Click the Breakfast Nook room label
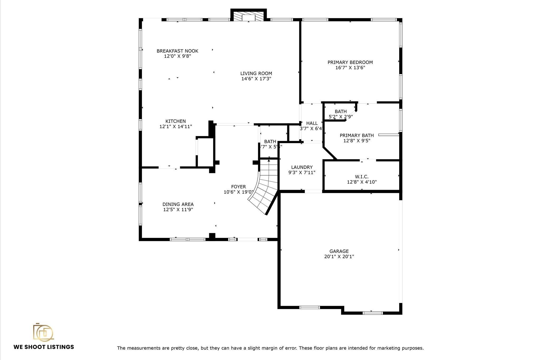point(177,51)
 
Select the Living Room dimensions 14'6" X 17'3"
point(256,79)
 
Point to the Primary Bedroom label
point(350,62)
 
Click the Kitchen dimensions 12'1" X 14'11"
point(176,127)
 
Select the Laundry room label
point(302,167)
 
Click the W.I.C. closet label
point(362,177)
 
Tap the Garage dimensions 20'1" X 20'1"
point(339,256)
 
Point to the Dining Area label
point(178,204)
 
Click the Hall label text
point(312,123)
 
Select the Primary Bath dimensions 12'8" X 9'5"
point(357,141)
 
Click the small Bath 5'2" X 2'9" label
point(341,112)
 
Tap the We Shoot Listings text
point(44,347)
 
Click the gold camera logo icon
point(43,332)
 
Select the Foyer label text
point(238,187)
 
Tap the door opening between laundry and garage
point(313,191)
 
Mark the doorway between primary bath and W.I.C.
point(368,160)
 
